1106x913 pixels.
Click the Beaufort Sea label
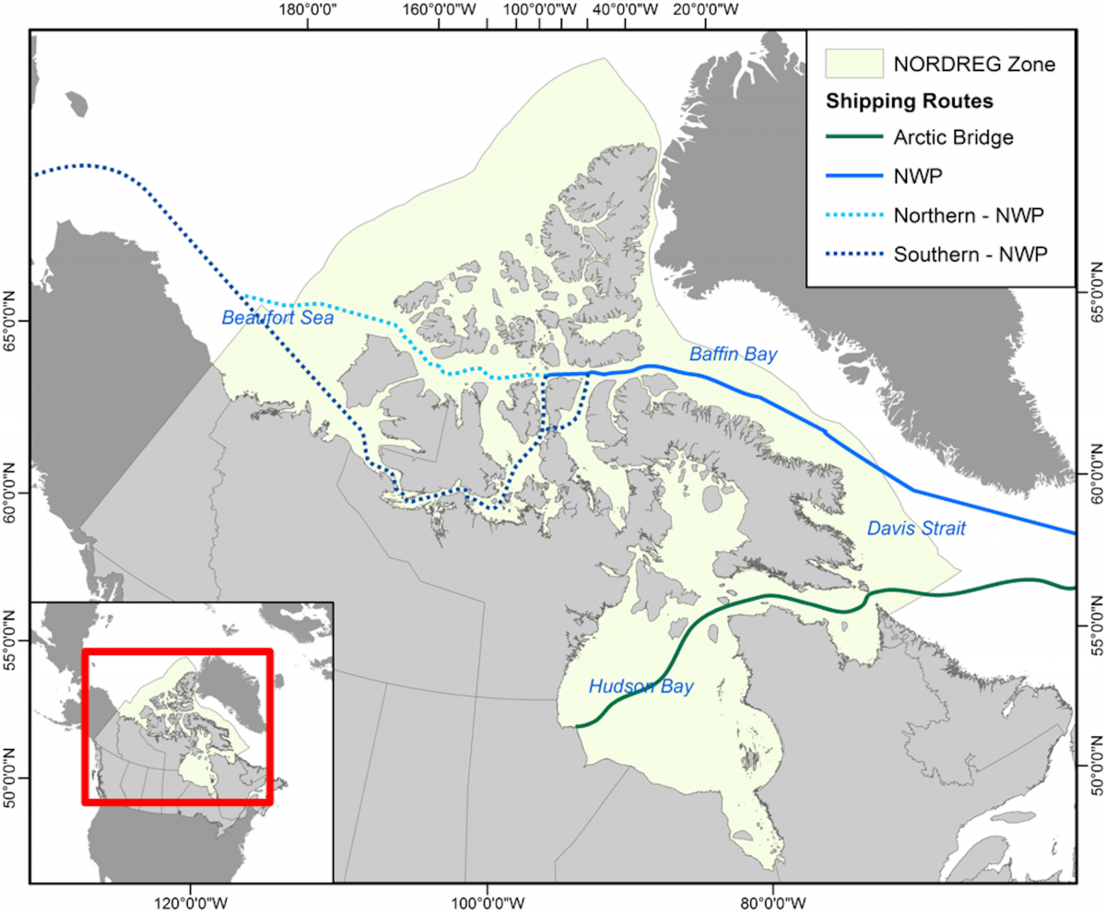pos(276,318)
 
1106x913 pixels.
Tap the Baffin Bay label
pos(734,354)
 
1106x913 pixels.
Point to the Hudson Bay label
pos(641,685)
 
